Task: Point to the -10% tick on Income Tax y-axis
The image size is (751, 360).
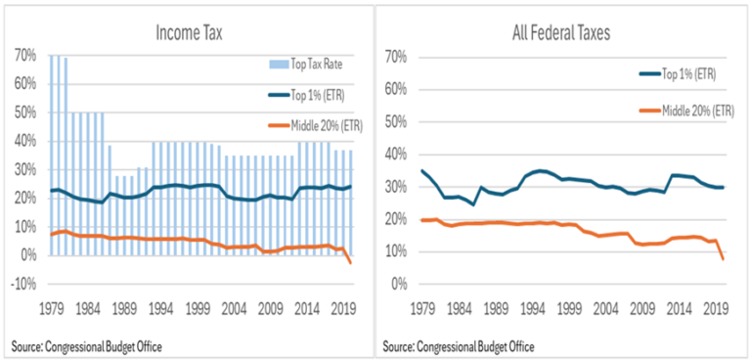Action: coord(25,285)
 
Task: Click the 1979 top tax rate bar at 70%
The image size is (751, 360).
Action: coord(52,157)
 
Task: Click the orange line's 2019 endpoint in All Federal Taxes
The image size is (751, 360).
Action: coord(723,259)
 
